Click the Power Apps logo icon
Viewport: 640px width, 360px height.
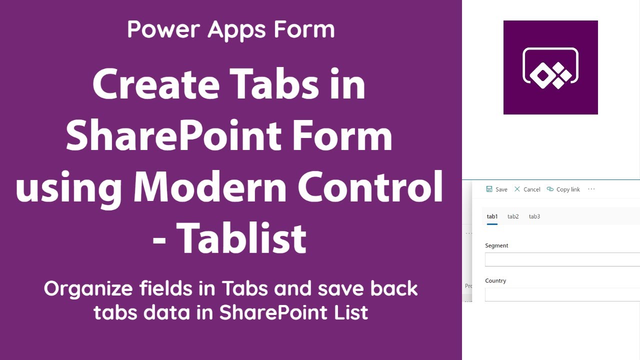point(550,67)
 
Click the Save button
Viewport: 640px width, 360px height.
point(497,189)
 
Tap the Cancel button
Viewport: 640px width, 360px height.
point(527,189)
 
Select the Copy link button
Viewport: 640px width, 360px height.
point(563,189)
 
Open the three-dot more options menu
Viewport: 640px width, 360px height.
point(591,189)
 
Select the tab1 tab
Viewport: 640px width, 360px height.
point(492,216)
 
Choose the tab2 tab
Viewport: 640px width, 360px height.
point(513,216)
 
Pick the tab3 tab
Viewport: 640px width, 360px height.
point(534,216)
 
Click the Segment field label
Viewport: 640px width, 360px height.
point(496,245)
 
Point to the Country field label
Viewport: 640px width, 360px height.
point(495,280)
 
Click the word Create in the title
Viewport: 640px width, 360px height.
point(155,85)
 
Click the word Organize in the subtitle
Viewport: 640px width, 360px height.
point(88,289)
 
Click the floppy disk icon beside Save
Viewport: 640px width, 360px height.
point(489,189)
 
